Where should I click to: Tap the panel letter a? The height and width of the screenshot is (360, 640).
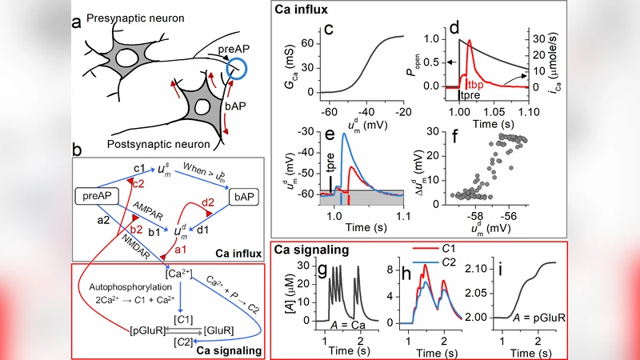[x=77, y=23]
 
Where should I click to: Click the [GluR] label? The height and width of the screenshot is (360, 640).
[x=217, y=329]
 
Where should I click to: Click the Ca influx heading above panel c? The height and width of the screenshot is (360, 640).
[x=307, y=11]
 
